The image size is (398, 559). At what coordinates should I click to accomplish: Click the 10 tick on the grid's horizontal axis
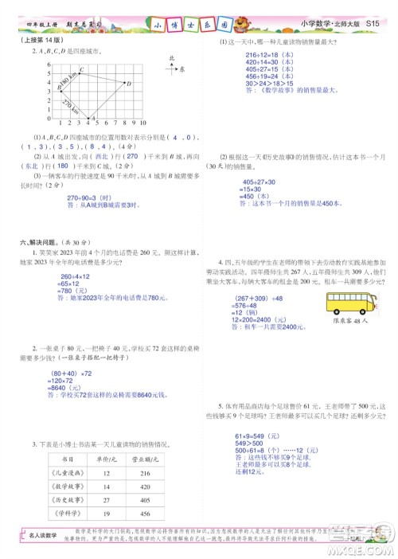[142, 124]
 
